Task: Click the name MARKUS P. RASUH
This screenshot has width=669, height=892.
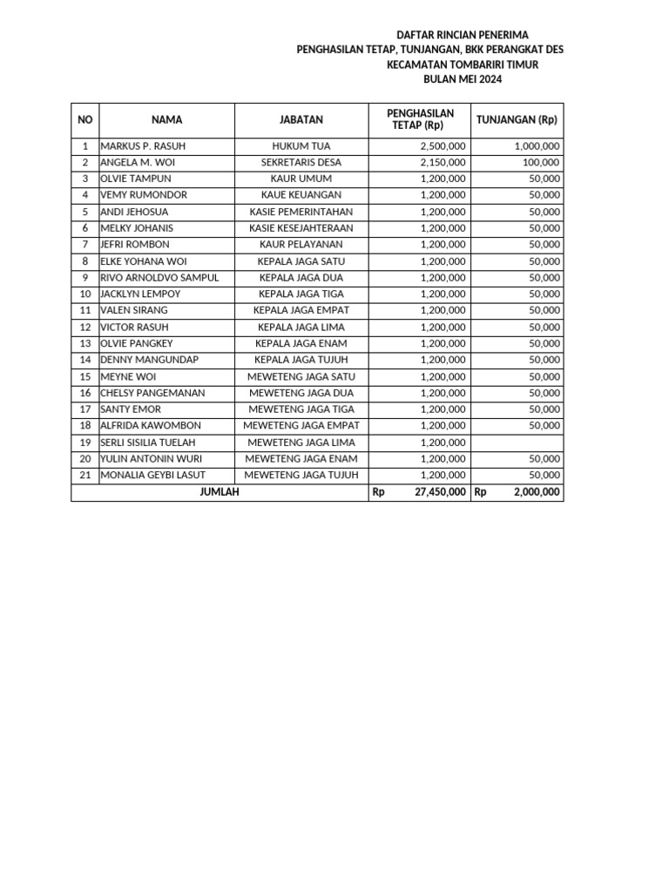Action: point(143,145)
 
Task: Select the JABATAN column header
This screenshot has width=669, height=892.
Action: point(301,120)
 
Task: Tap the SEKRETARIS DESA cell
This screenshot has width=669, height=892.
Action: point(301,162)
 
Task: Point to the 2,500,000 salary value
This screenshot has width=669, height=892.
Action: point(443,145)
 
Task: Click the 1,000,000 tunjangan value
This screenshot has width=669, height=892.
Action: point(537,145)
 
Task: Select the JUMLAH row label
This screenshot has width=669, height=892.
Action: point(220,492)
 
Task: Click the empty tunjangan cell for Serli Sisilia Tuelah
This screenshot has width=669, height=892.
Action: point(517,443)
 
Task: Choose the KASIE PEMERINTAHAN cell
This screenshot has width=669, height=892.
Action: point(301,212)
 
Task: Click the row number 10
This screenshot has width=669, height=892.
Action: point(85,294)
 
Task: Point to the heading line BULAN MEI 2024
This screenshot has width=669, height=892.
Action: point(463,79)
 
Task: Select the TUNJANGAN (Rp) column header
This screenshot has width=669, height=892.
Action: point(517,120)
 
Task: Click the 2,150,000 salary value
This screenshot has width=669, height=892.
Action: point(443,162)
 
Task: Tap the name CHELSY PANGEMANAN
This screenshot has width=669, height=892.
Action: point(152,393)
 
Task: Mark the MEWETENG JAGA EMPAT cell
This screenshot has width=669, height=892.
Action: point(301,426)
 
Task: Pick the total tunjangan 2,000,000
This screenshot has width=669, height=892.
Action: point(537,492)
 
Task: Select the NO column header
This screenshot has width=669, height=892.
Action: point(85,120)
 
